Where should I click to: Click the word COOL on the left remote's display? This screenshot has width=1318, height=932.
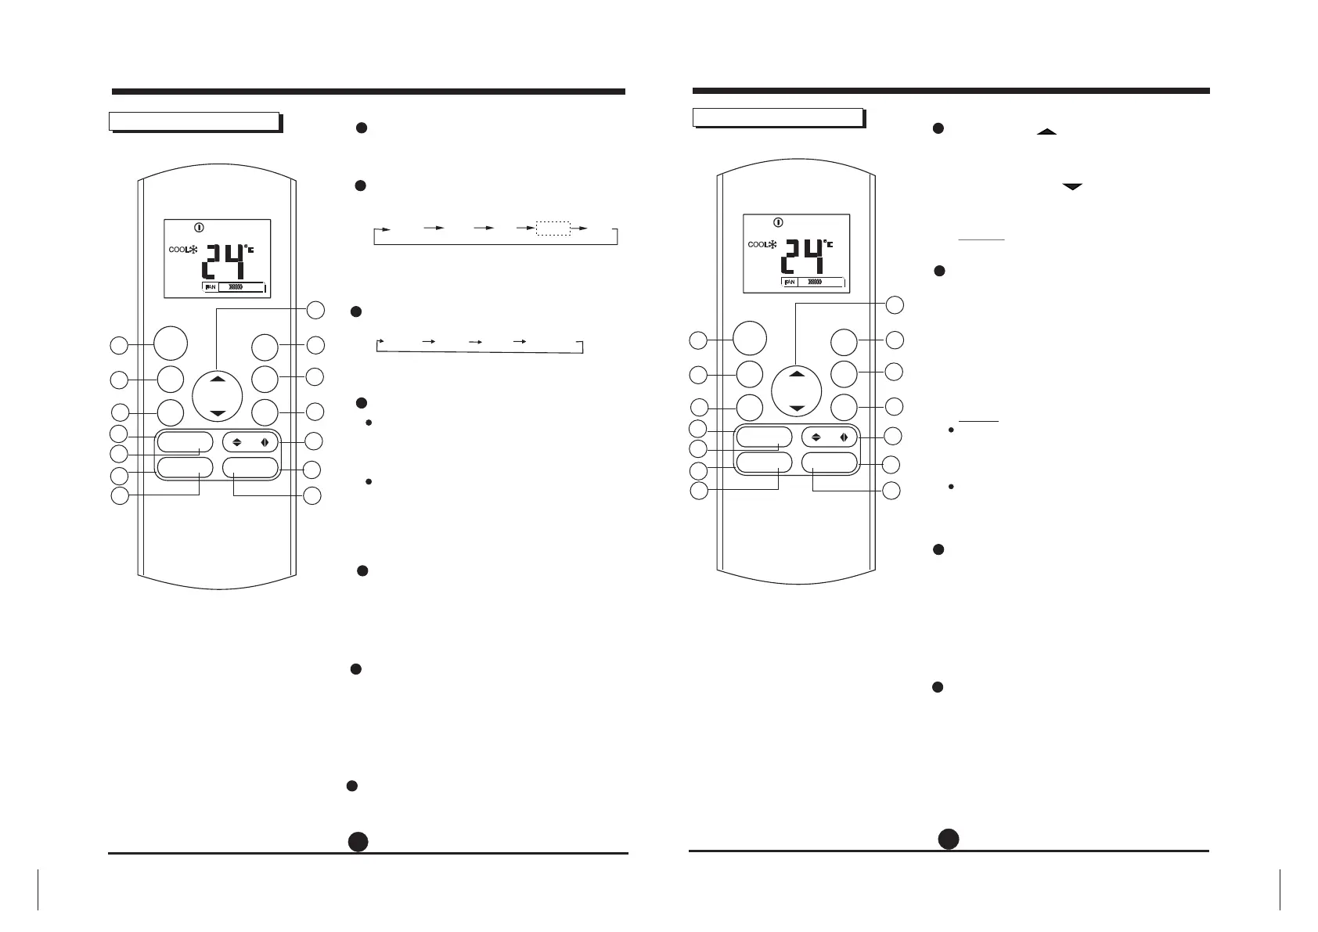pos(176,250)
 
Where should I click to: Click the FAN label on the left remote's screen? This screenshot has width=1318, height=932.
pos(210,287)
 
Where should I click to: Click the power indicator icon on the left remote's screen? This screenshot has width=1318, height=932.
pos(199,228)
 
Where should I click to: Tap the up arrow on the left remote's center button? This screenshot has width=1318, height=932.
pos(218,379)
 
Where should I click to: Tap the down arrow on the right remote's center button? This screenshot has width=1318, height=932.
pos(797,408)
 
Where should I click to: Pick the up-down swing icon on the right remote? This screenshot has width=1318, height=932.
pos(816,437)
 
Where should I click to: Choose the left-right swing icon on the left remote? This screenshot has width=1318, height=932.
pos(265,441)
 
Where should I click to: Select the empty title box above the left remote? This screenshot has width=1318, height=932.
pos(194,121)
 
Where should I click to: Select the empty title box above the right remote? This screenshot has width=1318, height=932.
pos(778,117)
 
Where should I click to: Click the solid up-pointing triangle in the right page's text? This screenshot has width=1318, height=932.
pos(1046,132)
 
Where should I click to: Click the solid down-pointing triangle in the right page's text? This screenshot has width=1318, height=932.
pos(1072,187)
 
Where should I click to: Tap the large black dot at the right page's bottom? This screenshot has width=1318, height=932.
pos(949,838)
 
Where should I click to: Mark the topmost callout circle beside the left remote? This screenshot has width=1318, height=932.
pos(315,310)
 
